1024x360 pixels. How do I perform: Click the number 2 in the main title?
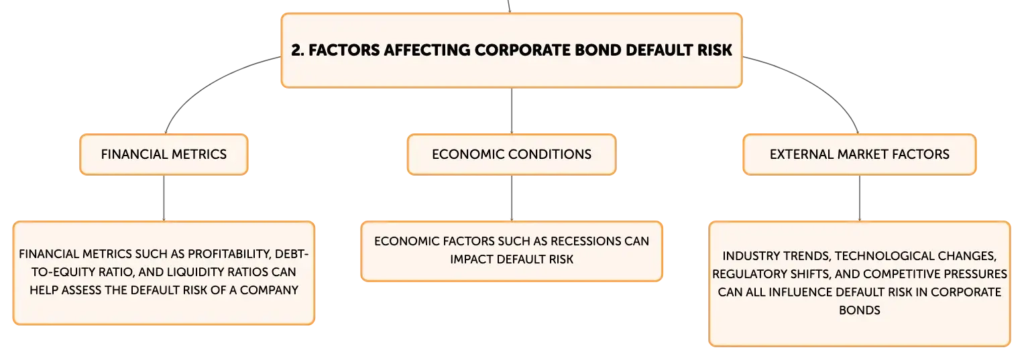point(296,50)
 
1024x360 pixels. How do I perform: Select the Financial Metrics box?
point(164,154)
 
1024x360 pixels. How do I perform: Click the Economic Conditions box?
point(512,154)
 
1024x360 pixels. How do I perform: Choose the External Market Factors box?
point(860,154)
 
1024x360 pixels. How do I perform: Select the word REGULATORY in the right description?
point(747,274)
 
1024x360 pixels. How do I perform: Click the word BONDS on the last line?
point(860,310)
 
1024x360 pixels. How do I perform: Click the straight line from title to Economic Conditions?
point(512,111)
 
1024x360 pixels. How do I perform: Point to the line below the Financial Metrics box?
point(164,198)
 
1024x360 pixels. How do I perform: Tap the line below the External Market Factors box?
point(860,198)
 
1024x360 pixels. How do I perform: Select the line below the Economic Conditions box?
point(512,198)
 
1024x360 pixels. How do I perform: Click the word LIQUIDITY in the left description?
point(195,272)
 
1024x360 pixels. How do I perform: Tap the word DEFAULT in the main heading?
point(659,50)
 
